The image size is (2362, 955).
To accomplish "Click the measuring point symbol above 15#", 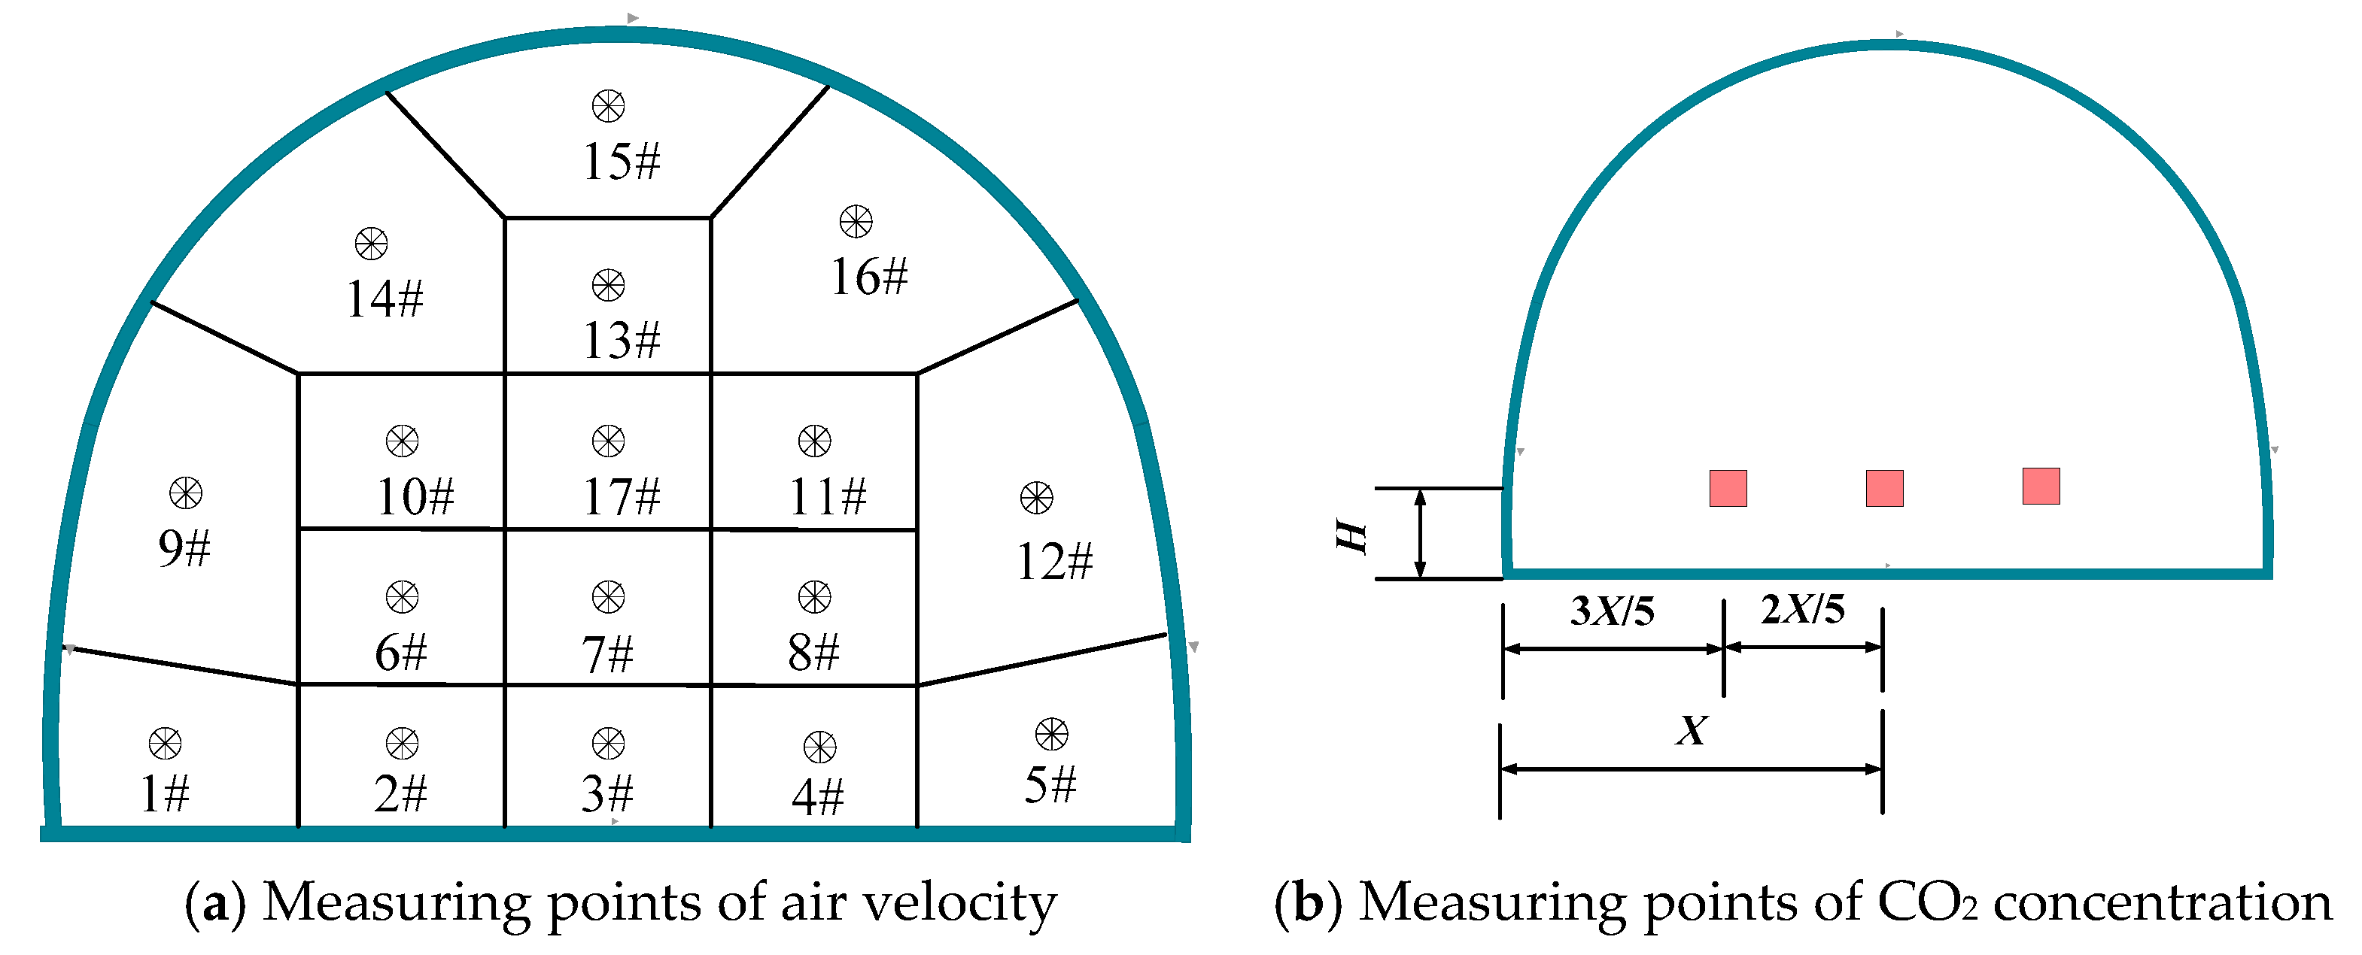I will (x=608, y=106).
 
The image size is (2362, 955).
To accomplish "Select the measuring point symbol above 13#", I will (x=608, y=285).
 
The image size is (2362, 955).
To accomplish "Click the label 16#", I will (x=868, y=277).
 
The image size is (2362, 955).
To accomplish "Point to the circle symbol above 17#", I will (x=608, y=441).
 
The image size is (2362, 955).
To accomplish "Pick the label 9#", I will (x=184, y=548).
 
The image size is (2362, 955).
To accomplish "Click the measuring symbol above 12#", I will (x=1036, y=498).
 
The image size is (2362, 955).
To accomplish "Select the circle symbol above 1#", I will (x=165, y=743).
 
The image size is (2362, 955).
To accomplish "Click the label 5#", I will (x=1050, y=786).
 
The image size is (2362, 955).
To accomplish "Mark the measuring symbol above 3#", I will (x=608, y=743).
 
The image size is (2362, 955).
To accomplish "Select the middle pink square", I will (x=1884, y=487).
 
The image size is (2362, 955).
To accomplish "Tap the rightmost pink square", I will (x=2041, y=486).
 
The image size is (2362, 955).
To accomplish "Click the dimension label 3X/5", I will (x=1612, y=611).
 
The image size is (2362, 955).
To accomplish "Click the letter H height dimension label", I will (x=1351, y=536).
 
